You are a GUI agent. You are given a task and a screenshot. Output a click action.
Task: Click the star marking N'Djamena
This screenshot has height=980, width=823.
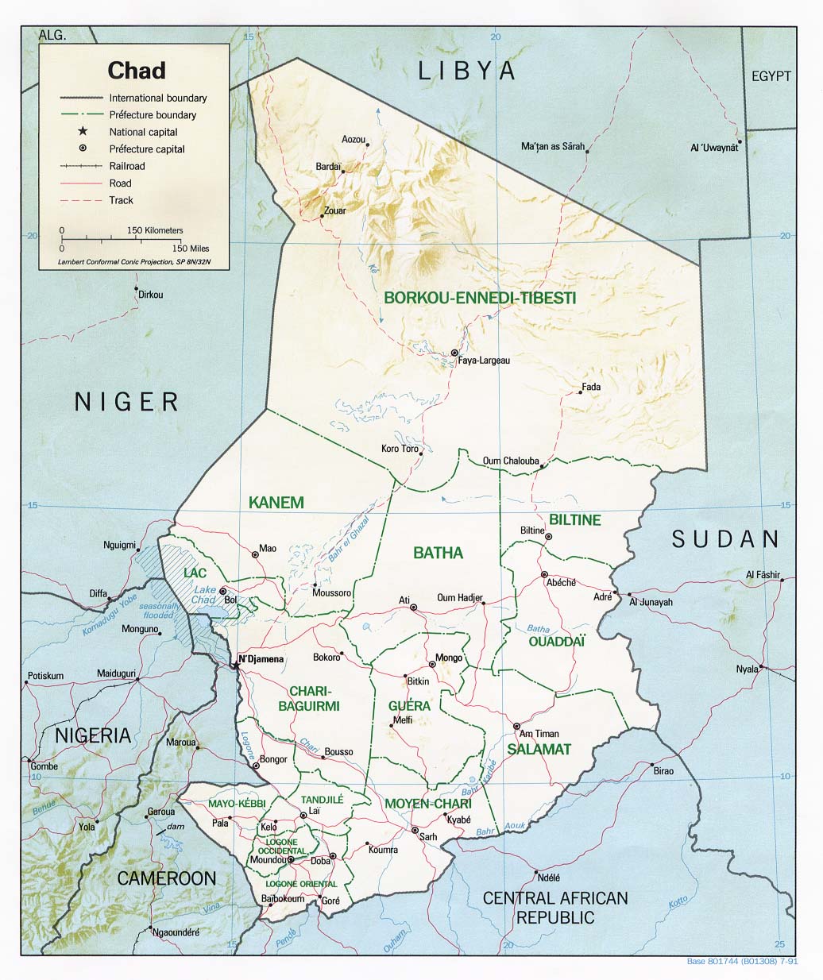pos(235,665)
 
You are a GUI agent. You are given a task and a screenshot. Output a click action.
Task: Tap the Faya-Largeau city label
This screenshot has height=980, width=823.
pos(483,361)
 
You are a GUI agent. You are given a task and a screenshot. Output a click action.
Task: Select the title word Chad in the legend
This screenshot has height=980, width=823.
pos(137,71)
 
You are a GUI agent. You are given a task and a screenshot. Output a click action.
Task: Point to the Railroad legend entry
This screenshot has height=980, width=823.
pos(127,166)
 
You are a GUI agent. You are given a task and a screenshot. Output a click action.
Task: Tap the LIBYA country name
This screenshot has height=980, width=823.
pos(466,71)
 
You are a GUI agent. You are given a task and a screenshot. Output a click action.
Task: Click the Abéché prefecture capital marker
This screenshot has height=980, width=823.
pos(544,574)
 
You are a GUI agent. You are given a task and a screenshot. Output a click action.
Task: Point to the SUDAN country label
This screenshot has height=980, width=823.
pos(725,539)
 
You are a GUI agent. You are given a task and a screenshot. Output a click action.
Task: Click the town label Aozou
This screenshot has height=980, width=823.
pos(353,140)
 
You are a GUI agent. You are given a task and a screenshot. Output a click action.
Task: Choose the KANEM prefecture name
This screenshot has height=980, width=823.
pos(276,502)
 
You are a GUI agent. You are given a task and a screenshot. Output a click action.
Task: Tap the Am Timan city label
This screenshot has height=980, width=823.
pos(539,734)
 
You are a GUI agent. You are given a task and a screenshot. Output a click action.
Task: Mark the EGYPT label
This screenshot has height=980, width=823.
pos(771,76)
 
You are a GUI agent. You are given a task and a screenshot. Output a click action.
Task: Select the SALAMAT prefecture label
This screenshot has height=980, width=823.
pos(539,749)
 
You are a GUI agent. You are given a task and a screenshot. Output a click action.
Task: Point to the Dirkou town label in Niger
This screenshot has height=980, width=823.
pos(150,295)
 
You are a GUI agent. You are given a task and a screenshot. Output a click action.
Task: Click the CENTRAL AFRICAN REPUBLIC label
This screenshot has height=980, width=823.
pos(555,908)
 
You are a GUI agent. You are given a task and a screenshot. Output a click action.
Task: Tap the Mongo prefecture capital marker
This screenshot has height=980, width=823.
pos(432,664)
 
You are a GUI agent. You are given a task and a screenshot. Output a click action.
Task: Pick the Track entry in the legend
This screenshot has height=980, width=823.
pos(122,200)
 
